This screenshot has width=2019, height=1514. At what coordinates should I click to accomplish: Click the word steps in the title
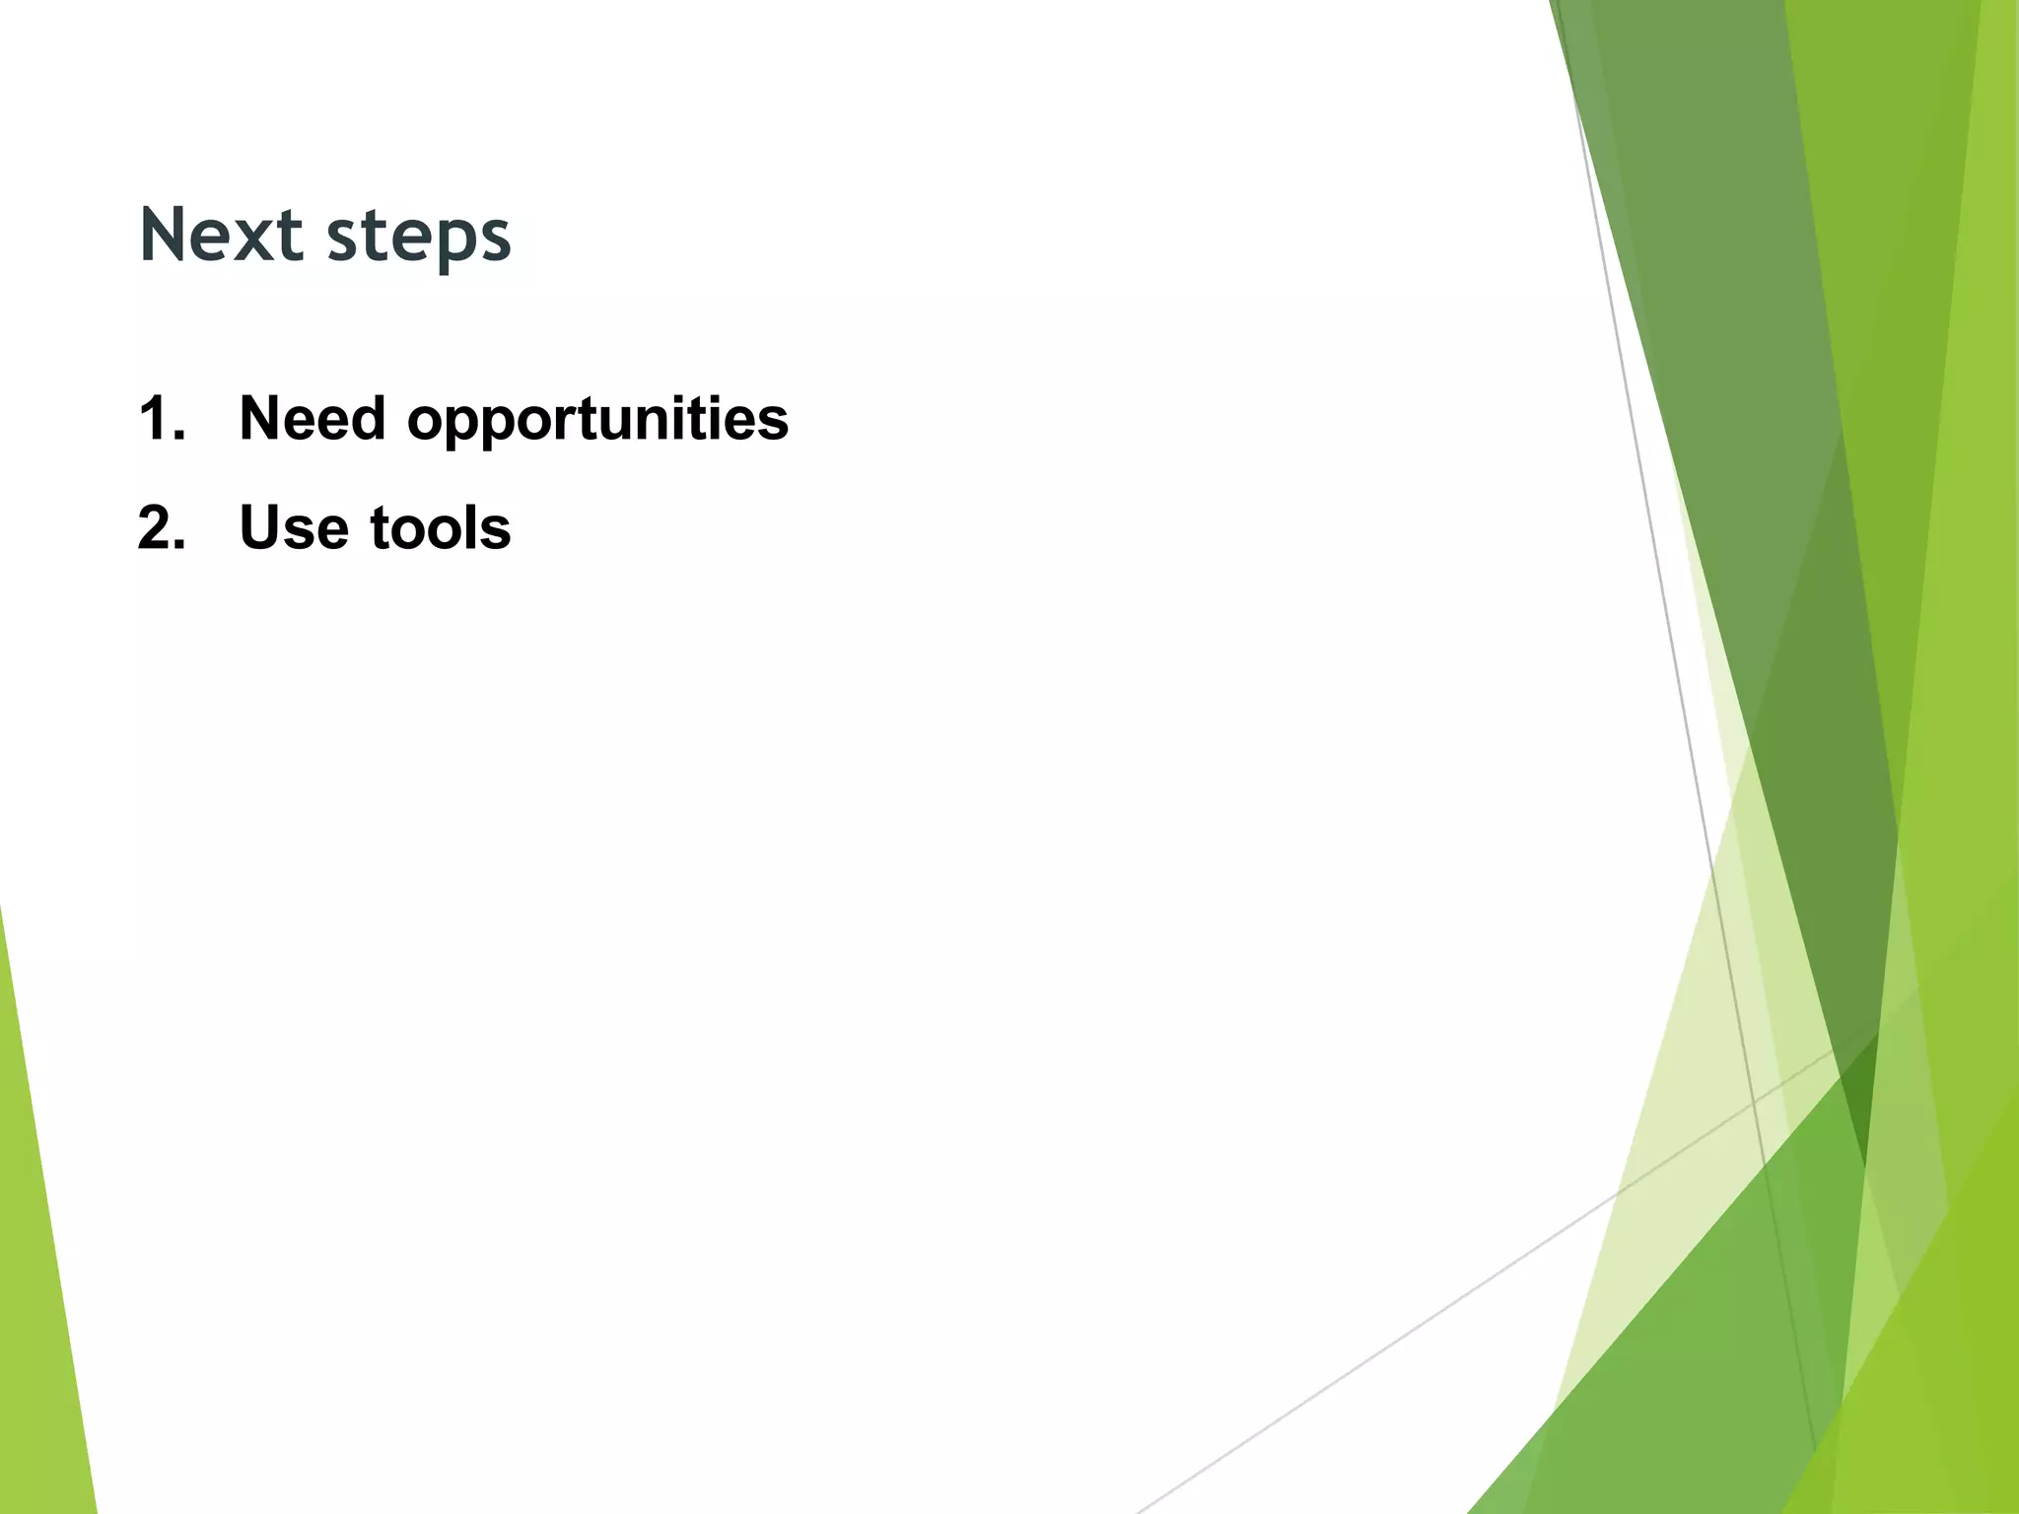click(419, 239)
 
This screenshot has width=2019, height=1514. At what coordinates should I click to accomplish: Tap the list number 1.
click(162, 418)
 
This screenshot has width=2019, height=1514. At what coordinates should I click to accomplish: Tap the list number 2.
click(162, 527)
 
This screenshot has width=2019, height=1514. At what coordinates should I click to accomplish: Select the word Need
click(313, 418)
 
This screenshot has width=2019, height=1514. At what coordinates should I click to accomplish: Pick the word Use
click(294, 527)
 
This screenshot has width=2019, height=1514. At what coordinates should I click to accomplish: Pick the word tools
click(440, 527)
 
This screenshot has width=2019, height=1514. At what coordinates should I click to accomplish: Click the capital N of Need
click(261, 418)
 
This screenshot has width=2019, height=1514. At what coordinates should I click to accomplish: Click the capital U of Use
click(261, 527)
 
